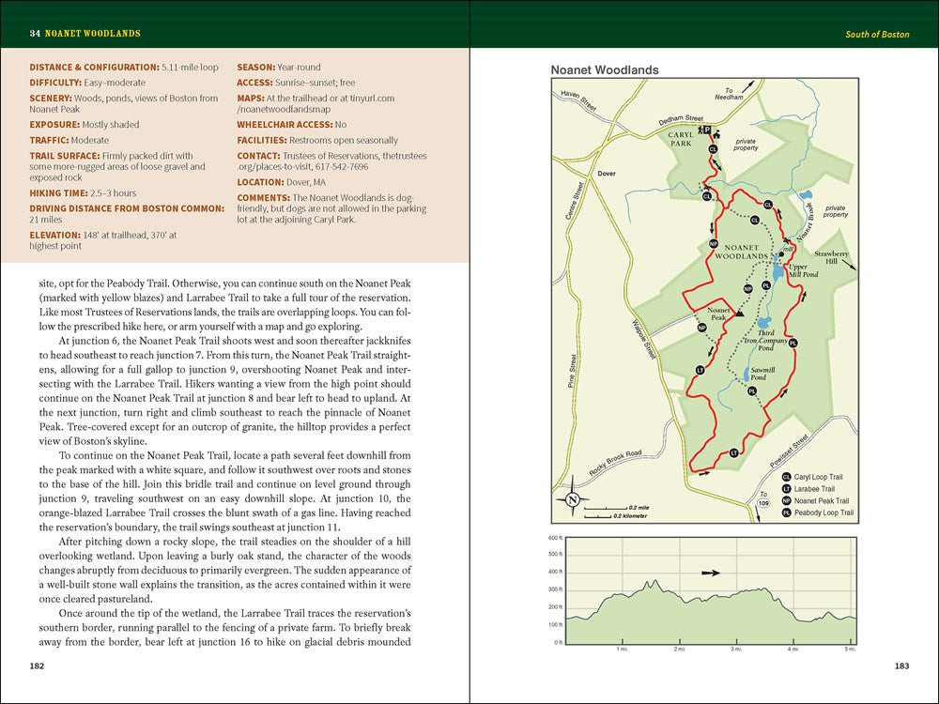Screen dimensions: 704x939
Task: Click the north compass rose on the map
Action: [573, 499]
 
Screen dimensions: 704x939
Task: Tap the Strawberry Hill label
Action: [831, 258]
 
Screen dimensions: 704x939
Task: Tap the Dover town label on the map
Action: [607, 175]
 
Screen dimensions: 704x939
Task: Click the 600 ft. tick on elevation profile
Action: [554, 538]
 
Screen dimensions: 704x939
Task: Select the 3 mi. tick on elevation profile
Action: [736, 649]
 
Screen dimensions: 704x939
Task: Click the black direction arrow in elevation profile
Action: [710, 572]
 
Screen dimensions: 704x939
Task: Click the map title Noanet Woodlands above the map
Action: [604, 70]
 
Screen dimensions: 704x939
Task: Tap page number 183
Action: [901, 666]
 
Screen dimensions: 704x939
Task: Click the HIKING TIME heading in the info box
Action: [63, 192]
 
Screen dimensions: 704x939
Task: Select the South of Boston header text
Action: [877, 35]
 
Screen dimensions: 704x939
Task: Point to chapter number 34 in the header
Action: [35, 34]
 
